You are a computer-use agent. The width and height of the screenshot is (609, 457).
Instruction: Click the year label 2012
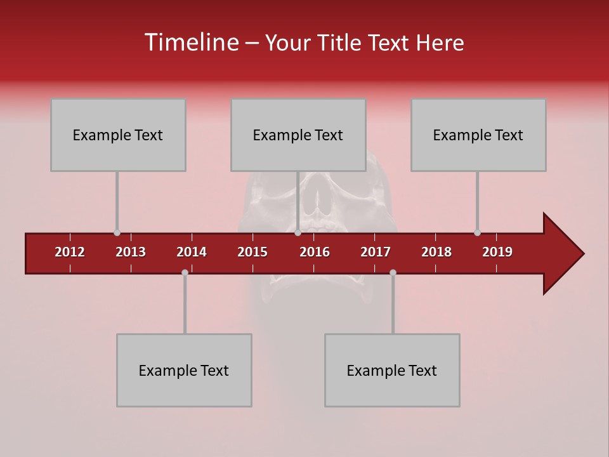70,252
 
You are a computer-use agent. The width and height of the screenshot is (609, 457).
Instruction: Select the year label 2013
131,252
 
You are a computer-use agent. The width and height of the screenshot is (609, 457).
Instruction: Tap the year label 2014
192,252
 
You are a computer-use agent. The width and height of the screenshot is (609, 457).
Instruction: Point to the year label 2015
252,252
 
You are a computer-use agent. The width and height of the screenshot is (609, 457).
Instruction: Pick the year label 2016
315,252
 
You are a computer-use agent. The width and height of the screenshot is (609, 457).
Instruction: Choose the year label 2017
376,252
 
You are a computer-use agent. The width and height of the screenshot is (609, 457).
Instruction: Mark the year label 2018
436,252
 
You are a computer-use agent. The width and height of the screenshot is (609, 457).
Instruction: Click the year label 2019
497,252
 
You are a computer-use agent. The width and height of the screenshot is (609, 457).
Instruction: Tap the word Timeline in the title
191,43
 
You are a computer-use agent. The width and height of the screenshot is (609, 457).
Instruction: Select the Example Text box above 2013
118,135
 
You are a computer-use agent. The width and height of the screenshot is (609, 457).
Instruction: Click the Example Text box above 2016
298,135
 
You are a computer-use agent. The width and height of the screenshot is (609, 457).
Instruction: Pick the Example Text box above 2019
478,135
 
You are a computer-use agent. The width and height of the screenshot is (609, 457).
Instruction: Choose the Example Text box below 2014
184,370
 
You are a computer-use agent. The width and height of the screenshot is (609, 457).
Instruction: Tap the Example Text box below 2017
392,370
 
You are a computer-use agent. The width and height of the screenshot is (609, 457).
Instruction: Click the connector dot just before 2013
117,233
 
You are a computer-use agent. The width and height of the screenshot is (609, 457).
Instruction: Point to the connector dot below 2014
185,272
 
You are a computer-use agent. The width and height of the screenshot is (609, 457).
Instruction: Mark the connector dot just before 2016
298,233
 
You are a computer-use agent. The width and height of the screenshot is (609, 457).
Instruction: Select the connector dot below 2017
393,272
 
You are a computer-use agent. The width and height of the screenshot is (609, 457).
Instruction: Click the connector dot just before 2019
477,233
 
